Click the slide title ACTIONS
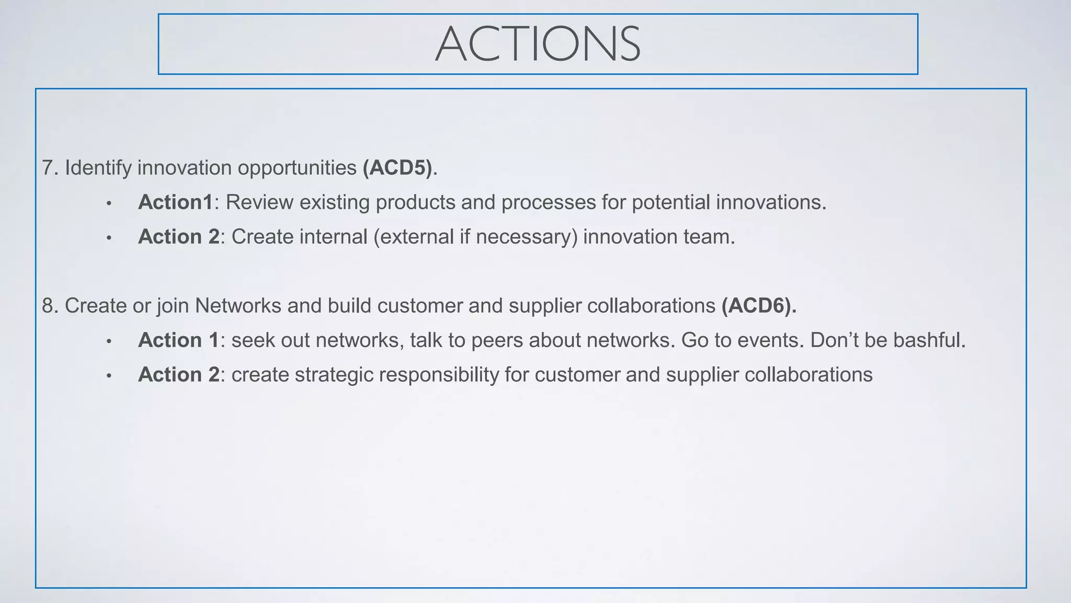(538, 44)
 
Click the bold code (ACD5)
(398, 168)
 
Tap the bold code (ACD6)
(759, 306)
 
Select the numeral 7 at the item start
(48, 168)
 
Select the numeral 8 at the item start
(48, 306)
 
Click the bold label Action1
(175, 203)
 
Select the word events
(770, 340)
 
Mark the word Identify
(98, 168)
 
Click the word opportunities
(297, 168)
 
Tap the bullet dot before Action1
(109, 204)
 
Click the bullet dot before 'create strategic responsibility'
(109, 376)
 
